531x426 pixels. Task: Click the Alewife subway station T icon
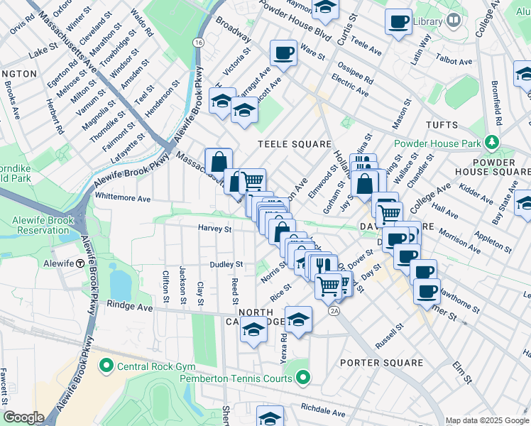click(81, 263)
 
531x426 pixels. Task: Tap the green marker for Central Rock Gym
click(106, 366)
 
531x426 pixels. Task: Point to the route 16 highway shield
click(198, 43)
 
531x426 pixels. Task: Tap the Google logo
click(23, 417)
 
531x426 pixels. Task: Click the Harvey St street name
click(215, 229)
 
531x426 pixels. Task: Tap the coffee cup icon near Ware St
click(283, 53)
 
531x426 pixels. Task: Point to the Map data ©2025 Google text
click(486, 420)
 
